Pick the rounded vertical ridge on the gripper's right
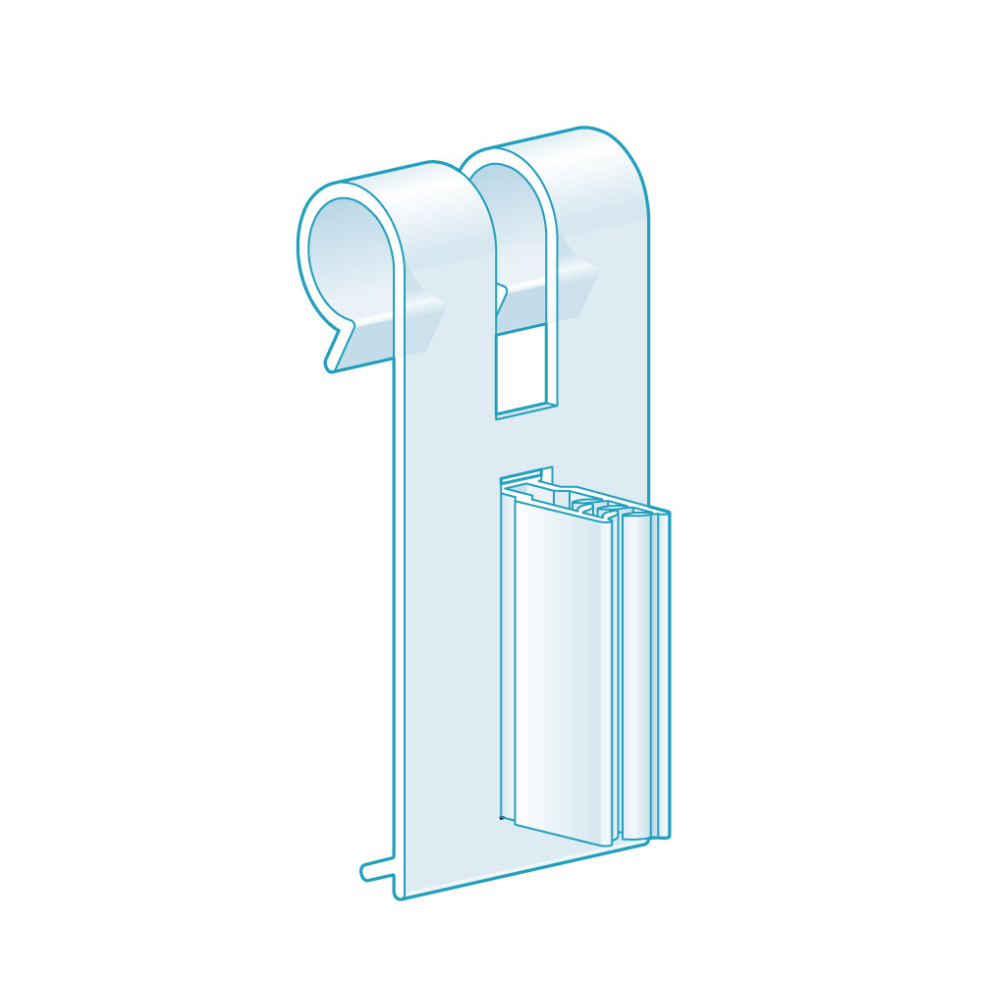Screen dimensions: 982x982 (x=636, y=678)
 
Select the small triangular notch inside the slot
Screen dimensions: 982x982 (x=502, y=295)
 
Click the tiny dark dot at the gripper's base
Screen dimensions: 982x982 (x=503, y=816)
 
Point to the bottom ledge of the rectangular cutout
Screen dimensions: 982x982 (x=526, y=409)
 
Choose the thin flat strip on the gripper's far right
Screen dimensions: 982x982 (x=664, y=678)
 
